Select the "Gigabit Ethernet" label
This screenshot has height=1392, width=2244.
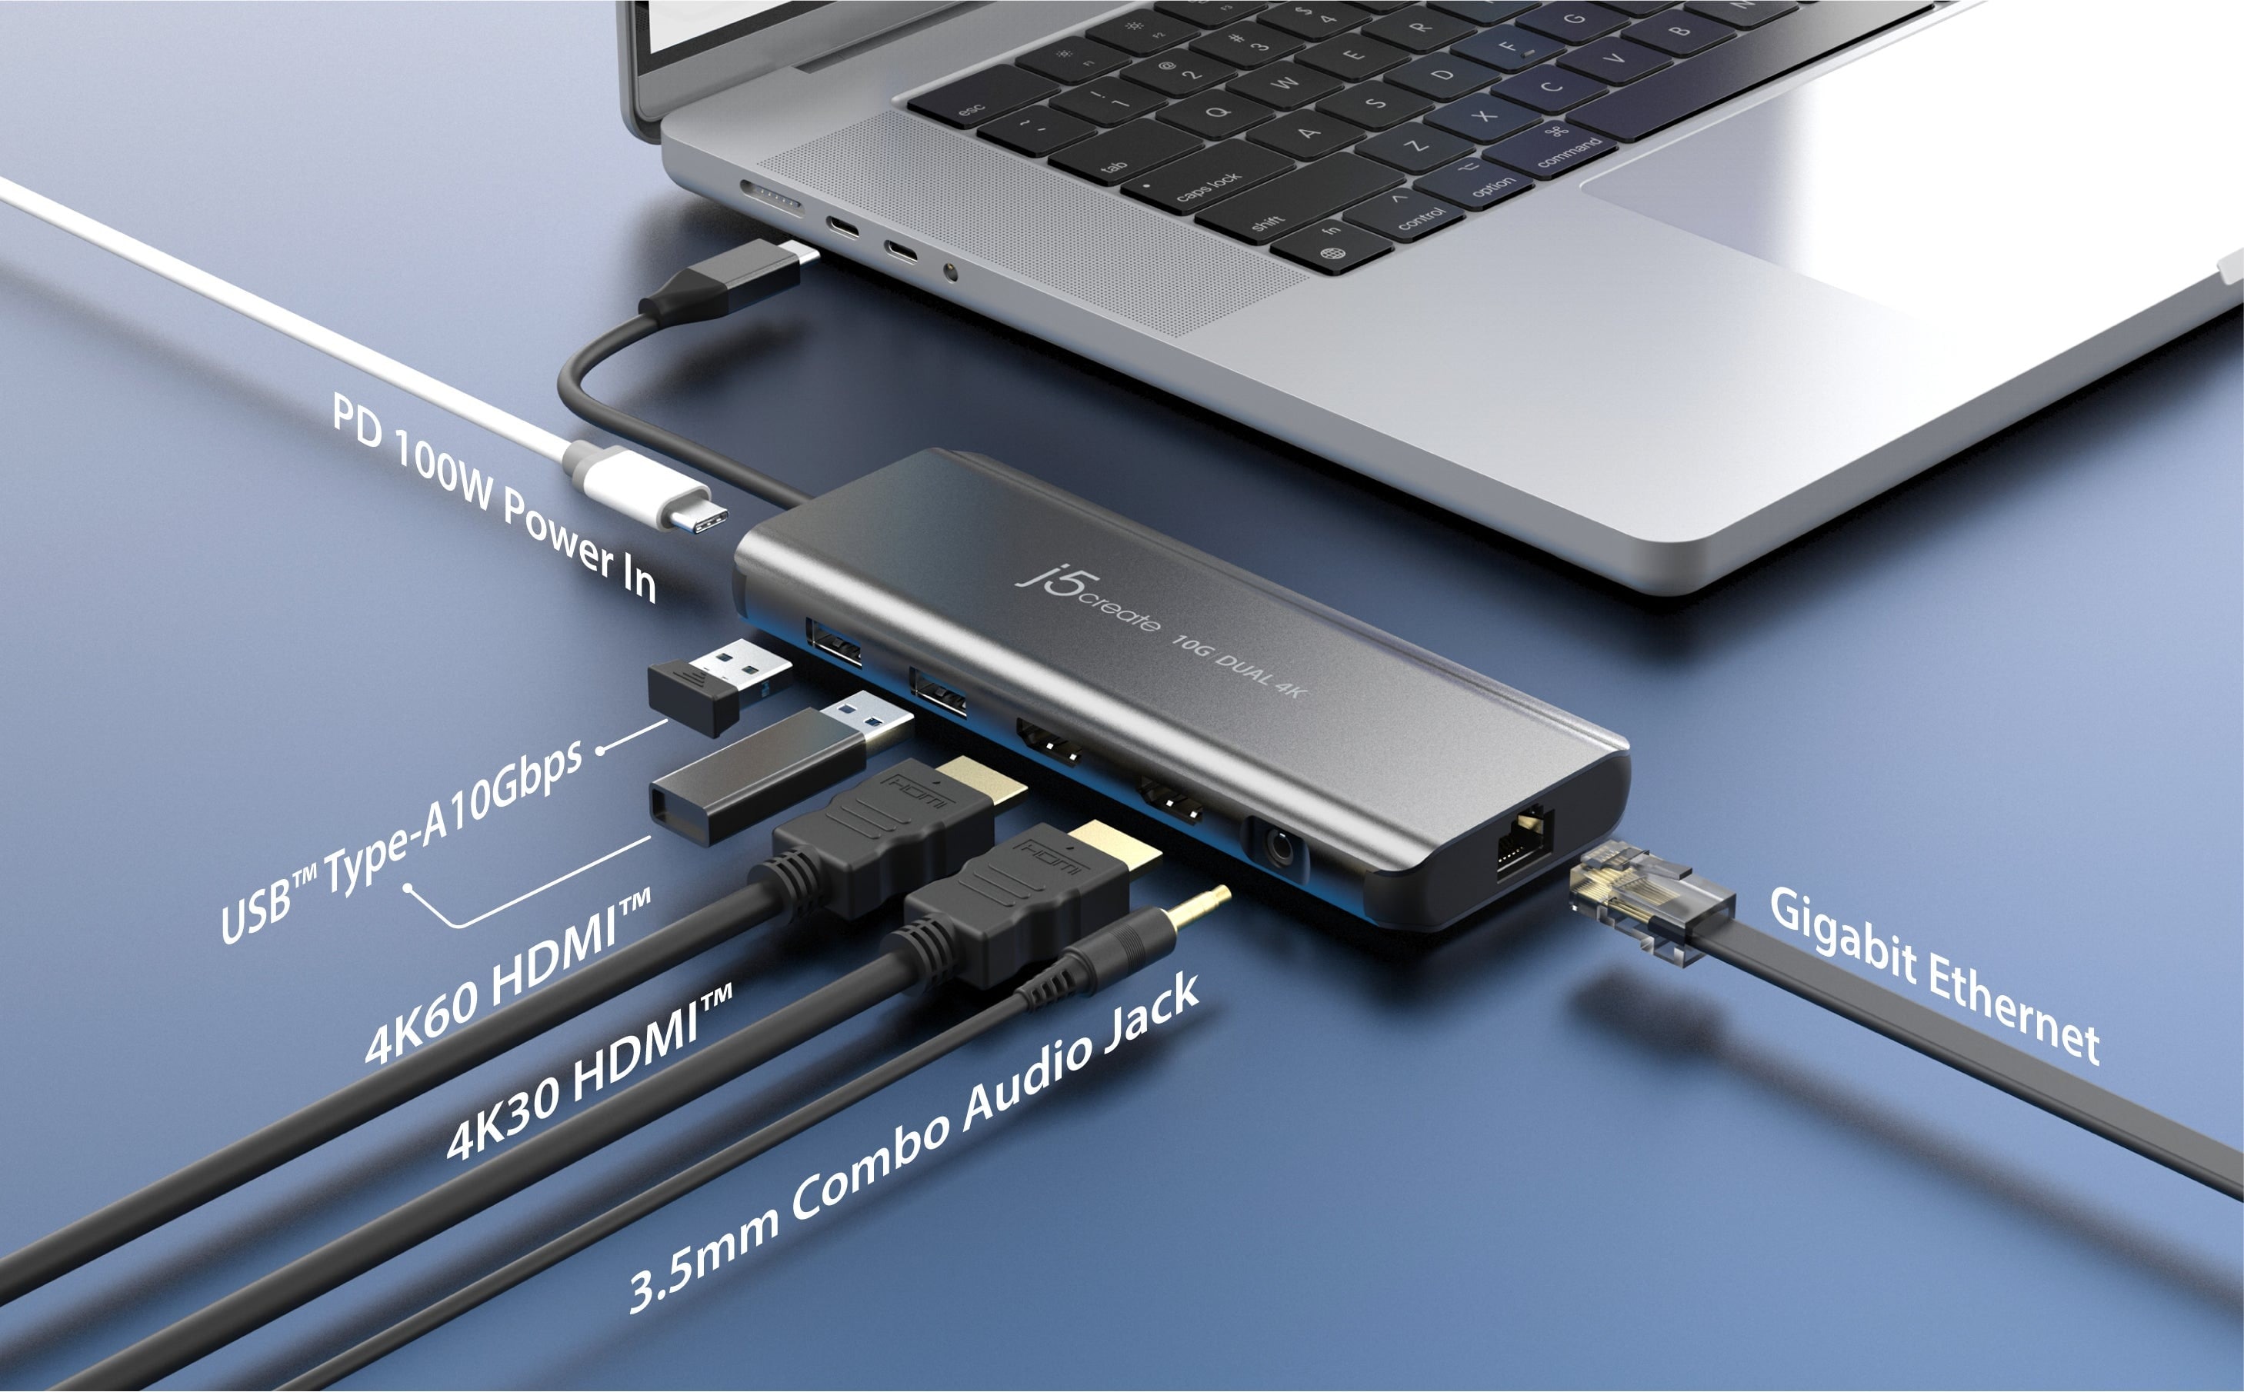(x=1934, y=977)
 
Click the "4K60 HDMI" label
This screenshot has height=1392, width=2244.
(x=508, y=976)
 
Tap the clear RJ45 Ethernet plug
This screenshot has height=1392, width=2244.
(x=1649, y=906)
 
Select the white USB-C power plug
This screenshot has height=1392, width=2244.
(x=645, y=486)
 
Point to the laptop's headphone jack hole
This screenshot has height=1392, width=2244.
(x=950, y=272)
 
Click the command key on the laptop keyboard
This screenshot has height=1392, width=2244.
(x=1565, y=148)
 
